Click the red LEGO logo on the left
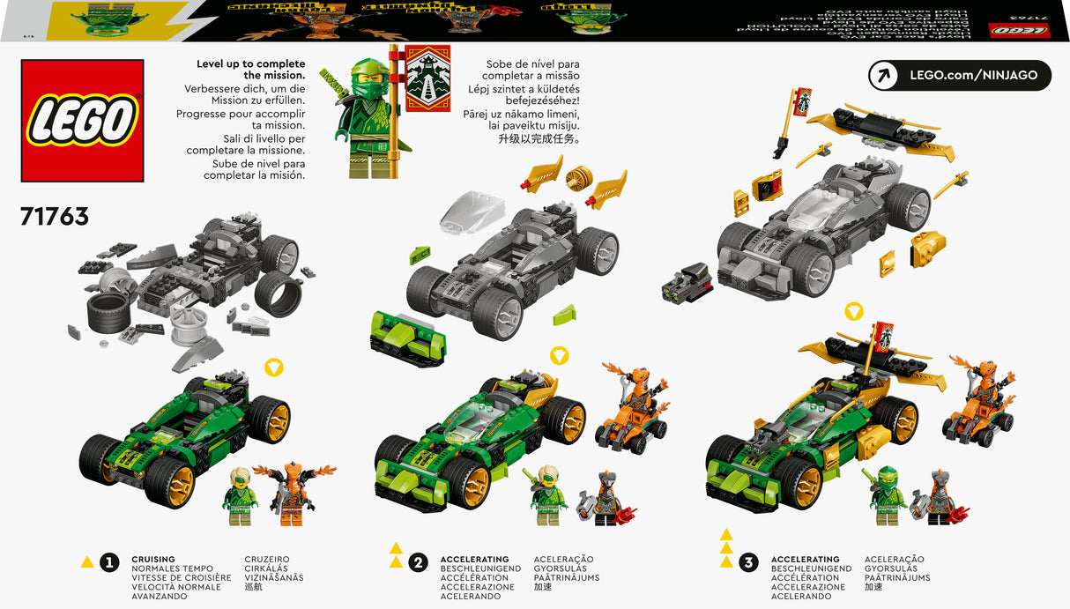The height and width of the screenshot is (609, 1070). [x=82, y=121]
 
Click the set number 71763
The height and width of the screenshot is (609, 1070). [x=55, y=216]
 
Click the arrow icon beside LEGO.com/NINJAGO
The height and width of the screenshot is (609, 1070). [x=883, y=76]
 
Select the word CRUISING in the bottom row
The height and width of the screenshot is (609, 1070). [x=153, y=559]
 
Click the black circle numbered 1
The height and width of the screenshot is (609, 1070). [x=109, y=562]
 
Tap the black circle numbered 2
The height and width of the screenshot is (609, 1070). [x=419, y=562]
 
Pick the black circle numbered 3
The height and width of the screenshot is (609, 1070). [x=748, y=562]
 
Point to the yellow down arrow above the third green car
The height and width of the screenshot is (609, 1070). [x=853, y=311]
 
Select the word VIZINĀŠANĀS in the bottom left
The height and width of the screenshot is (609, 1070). [x=274, y=578]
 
